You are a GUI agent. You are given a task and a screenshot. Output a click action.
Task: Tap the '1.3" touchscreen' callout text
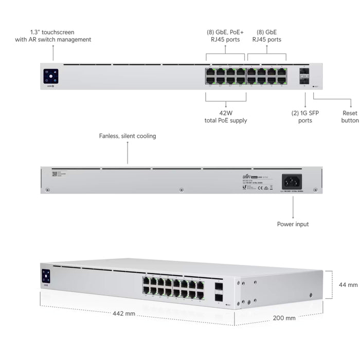[x=53, y=35]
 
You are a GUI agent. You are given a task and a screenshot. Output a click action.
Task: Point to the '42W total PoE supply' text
[x=225, y=117]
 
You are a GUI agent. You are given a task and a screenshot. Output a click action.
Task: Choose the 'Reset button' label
[x=350, y=117]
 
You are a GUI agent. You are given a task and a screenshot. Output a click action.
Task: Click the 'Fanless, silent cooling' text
[x=128, y=136]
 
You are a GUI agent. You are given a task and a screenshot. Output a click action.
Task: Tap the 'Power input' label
[x=293, y=224]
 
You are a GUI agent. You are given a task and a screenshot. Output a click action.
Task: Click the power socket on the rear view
[x=292, y=181]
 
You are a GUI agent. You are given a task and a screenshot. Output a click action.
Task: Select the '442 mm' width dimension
[x=124, y=313]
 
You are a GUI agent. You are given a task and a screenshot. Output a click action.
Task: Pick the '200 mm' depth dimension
[x=283, y=318]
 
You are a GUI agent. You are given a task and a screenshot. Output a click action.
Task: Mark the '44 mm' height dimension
[x=348, y=284]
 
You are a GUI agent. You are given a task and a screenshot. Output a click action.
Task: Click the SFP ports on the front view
[x=304, y=76]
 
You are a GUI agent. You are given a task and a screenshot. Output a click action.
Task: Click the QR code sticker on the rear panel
[x=54, y=174]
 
